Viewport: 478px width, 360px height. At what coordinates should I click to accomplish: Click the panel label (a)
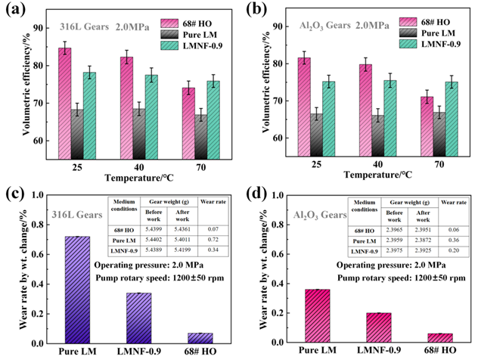click(14, 10)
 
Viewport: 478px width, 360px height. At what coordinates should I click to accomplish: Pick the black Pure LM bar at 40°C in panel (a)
click(138, 135)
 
